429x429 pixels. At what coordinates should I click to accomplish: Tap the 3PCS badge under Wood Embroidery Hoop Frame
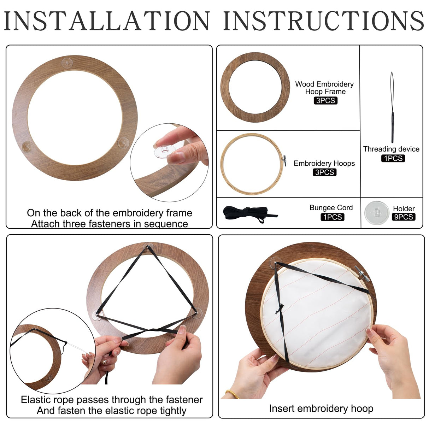pyautogui.click(x=325, y=101)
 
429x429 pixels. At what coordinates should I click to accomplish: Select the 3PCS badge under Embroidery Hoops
pyautogui.click(x=324, y=172)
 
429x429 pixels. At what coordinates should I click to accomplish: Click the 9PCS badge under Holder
pyautogui.click(x=403, y=217)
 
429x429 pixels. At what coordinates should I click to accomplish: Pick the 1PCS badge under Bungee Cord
pyautogui.click(x=332, y=217)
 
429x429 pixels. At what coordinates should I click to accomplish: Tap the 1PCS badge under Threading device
pyautogui.click(x=393, y=159)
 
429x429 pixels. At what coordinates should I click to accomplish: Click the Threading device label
pyautogui.click(x=391, y=149)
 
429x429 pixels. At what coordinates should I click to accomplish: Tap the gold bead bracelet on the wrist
pyautogui.click(x=232, y=394)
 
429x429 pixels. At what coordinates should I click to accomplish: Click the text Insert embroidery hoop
pyautogui.click(x=321, y=409)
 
